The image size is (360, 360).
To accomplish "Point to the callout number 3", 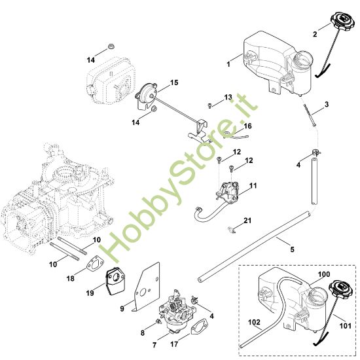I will coord(327,104).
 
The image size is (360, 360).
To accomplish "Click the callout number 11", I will coord(253,186).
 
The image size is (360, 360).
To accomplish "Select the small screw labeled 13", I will coord(209,104).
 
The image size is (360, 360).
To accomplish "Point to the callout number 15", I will coord(174,82).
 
